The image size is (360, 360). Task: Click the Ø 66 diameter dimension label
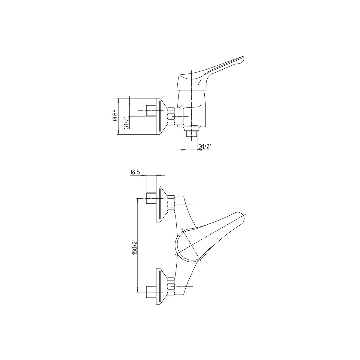point(115,116)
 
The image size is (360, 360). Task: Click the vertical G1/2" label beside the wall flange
point(127,122)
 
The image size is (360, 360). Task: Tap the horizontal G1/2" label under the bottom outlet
point(205,146)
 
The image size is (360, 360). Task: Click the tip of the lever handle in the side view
point(244,57)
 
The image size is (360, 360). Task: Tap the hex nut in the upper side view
point(171,116)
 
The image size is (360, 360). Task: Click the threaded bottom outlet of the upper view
point(192,134)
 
